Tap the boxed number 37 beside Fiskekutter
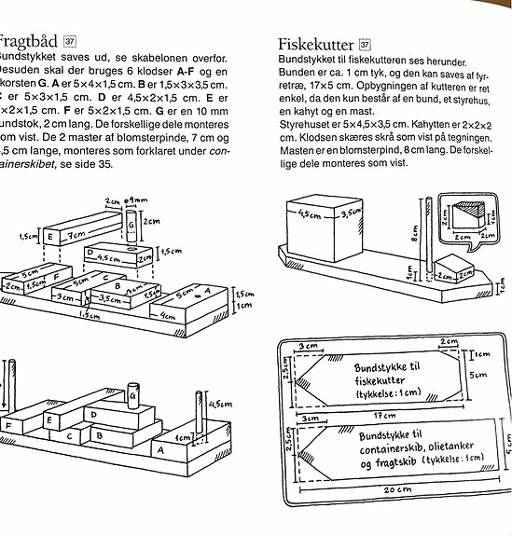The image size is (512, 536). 365,44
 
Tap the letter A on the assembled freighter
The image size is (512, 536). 159,447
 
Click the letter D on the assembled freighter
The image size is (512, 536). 94,413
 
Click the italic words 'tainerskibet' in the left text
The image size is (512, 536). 28,163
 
